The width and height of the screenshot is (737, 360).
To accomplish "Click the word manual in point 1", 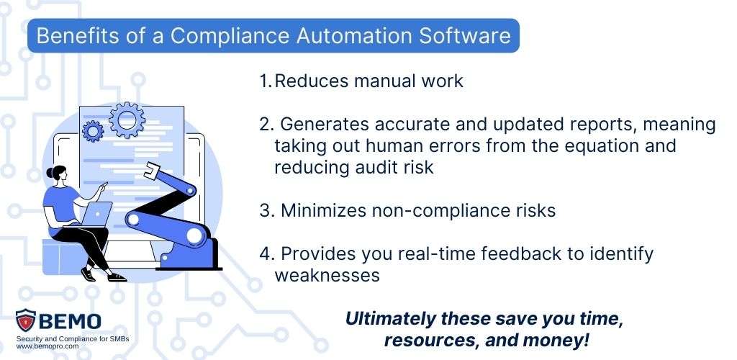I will tap(381, 81).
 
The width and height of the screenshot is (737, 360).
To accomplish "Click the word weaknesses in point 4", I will tap(327, 275).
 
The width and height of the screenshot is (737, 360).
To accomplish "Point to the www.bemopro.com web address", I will tap(48, 346).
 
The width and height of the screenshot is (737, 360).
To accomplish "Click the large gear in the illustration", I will tap(127, 120).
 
